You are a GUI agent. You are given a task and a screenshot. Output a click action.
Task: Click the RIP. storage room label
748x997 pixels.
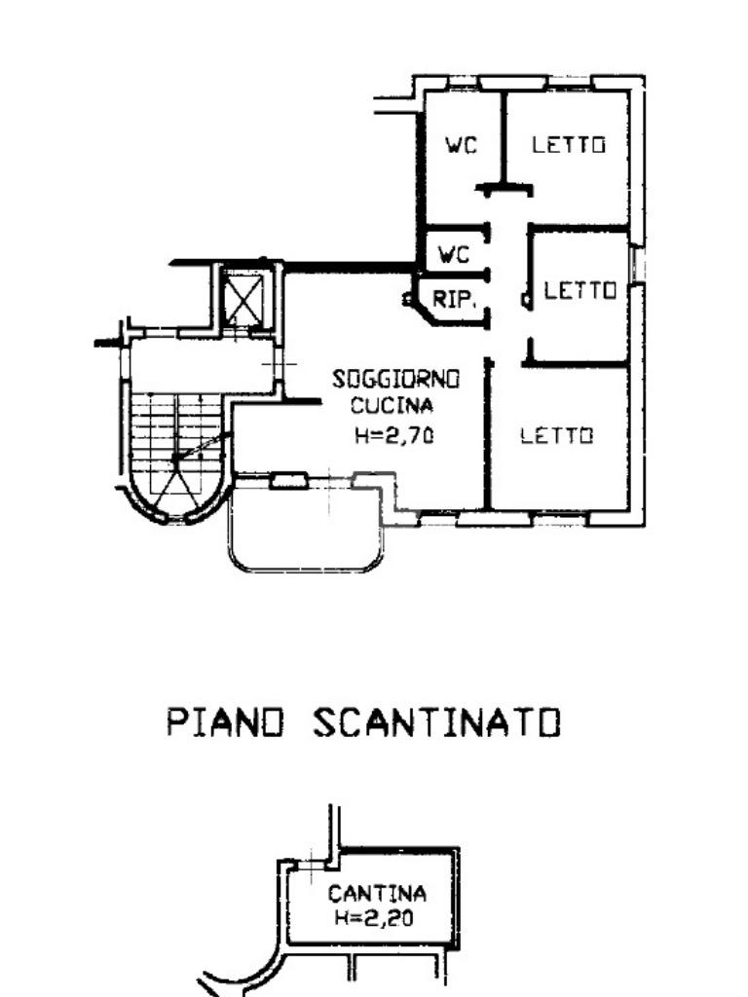click(x=454, y=300)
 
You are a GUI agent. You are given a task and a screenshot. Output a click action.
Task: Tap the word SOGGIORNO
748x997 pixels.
click(x=395, y=380)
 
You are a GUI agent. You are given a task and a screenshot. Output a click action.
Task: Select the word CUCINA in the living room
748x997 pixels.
click(x=392, y=405)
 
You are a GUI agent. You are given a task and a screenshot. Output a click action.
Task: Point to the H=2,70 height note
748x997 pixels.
click(x=394, y=435)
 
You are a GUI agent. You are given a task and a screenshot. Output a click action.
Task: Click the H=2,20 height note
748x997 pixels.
click(x=374, y=917)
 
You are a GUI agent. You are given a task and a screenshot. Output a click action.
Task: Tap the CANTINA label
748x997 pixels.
click(x=377, y=894)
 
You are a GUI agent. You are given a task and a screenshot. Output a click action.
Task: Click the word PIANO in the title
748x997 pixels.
click(x=225, y=722)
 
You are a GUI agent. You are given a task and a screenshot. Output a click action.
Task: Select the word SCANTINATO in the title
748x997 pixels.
click(x=437, y=722)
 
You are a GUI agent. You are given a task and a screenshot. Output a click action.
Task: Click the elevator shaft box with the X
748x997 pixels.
click(x=243, y=298)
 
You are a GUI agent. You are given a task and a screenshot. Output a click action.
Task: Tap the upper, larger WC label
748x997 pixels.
click(x=461, y=146)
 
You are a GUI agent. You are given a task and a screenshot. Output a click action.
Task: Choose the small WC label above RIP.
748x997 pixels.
click(x=454, y=255)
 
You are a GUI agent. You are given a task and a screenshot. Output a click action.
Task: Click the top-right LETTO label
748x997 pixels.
click(x=569, y=145)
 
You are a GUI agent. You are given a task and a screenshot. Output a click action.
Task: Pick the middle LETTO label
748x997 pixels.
click(x=580, y=291)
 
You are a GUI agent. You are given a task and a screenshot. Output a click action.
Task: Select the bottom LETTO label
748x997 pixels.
click(x=556, y=435)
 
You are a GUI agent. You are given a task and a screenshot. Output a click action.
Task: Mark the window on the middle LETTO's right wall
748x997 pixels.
click(x=636, y=264)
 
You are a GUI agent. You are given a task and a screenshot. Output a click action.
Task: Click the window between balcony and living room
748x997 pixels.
click(x=289, y=481)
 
